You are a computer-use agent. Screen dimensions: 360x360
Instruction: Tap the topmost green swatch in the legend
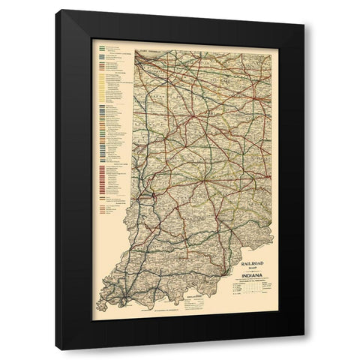click(x=101, y=47)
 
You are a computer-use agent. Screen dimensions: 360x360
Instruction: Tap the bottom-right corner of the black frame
click(x=304, y=350)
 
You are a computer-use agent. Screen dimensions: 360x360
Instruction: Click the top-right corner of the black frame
click(x=304, y=10)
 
